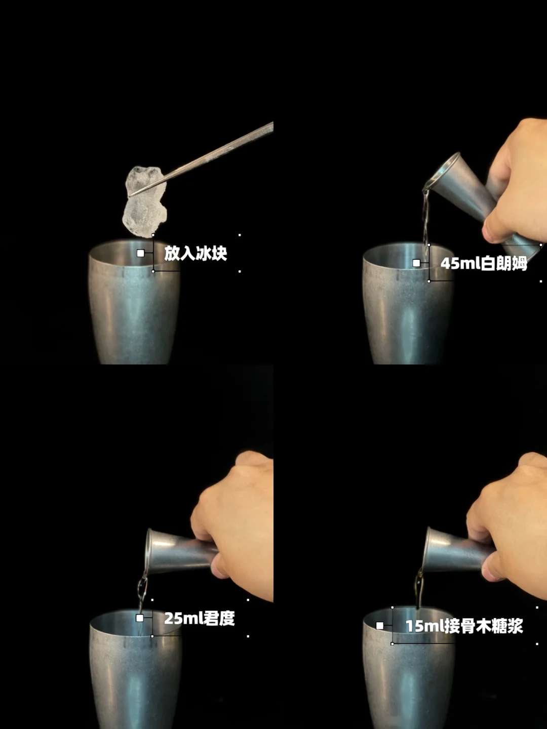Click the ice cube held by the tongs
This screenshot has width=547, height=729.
(144, 201)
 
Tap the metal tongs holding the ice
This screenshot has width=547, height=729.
(201, 159)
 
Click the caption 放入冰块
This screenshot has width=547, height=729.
(196, 253)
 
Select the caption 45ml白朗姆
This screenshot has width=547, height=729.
(484, 264)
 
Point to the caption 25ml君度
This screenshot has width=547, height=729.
(200, 618)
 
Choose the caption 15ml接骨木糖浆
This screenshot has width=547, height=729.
(464, 626)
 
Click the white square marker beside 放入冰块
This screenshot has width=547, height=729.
(140, 253)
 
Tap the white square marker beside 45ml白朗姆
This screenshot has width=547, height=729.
(416, 263)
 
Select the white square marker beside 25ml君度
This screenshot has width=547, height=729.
(140, 618)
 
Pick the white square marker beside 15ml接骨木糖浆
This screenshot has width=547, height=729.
(380, 626)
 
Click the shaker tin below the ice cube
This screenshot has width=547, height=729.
(135, 302)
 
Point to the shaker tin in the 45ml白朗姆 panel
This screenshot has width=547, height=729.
(408, 304)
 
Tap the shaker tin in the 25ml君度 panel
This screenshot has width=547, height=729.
(136, 669)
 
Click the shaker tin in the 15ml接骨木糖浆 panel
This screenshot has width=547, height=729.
(409, 668)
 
